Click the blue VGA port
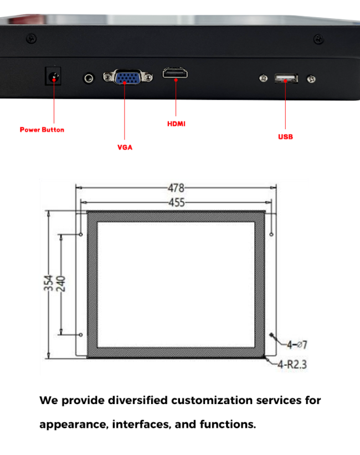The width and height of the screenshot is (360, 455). coord(127,77)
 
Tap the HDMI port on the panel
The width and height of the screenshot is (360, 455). coord(175,73)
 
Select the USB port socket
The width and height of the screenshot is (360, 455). coord(286,78)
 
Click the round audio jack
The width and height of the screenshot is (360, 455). coord(89,78)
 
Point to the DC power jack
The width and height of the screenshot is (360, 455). coord(53,76)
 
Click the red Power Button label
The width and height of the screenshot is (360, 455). coord(42,130)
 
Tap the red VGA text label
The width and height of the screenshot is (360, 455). coord(125,147)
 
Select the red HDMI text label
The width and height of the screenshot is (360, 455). coord(176,124)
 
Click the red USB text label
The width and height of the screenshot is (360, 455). coord(285,137)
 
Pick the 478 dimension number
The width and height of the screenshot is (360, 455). coord(176,188)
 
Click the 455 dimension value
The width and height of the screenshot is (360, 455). coord(177,202)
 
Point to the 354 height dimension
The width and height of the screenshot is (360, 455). coord(48,283)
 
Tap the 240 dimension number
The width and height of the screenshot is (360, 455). coord(60,284)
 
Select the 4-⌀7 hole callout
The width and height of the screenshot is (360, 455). coord(297,345)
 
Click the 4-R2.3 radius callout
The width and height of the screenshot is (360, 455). coord(292,364)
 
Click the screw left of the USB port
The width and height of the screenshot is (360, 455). coord(264,78)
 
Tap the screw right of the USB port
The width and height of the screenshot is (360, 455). coord(311,79)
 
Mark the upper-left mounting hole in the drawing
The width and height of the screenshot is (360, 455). coord(81,234)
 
